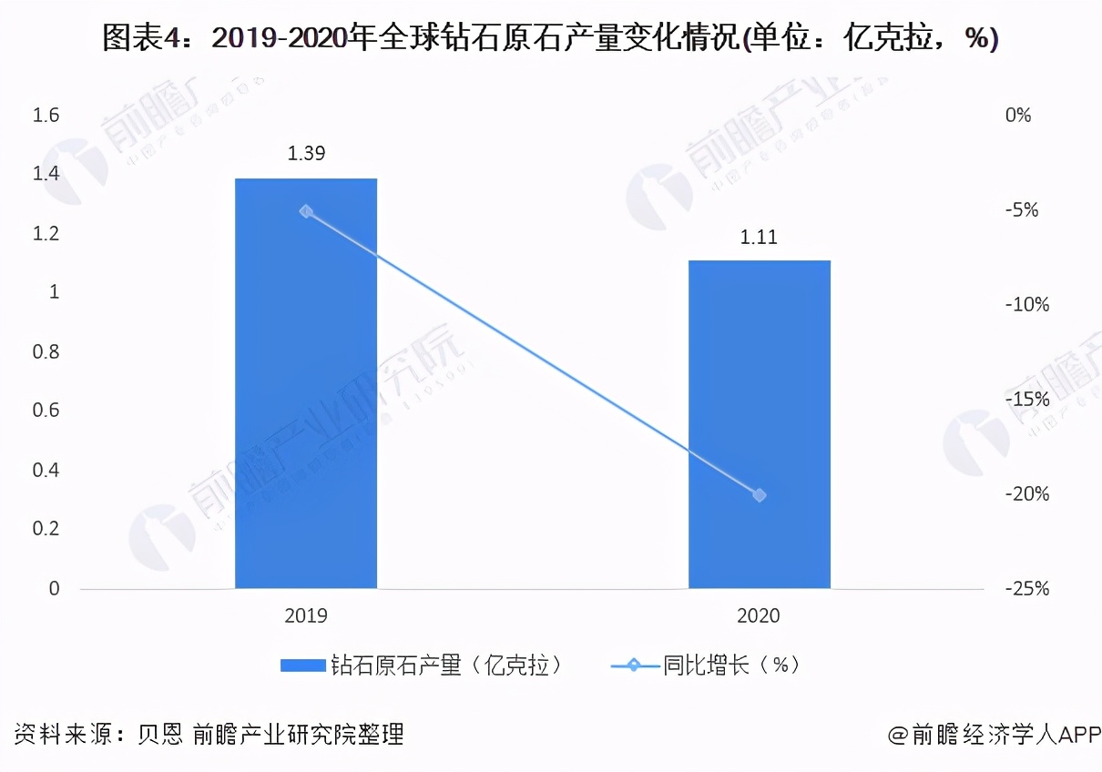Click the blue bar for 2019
click(x=306, y=382)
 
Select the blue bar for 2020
click(x=759, y=424)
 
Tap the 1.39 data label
click(x=306, y=154)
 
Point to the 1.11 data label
click(x=759, y=238)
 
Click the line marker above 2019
click(x=306, y=211)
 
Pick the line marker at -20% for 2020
click(x=760, y=495)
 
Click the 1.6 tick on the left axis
click(x=46, y=116)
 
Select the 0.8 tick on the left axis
click(x=46, y=352)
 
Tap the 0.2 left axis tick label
click(x=46, y=530)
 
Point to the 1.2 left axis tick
click(x=46, y=234)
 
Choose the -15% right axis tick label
click(x=1026, y=400)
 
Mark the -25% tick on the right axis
click(x=1026, y=589)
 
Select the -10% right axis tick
click(x=1026, y=305)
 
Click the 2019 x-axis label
click(x=306, y=616)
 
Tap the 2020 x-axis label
click(x=759, y=616)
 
